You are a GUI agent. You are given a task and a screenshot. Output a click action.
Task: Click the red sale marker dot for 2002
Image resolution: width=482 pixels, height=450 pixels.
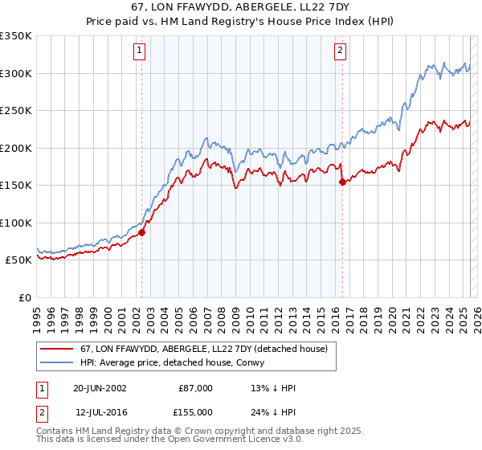141,232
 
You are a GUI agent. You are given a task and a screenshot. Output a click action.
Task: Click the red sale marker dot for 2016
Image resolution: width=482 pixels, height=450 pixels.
342,182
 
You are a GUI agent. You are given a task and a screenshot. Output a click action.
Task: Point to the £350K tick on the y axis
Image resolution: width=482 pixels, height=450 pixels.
16,36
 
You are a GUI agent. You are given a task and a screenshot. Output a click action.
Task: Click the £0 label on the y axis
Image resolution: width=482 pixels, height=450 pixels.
24,297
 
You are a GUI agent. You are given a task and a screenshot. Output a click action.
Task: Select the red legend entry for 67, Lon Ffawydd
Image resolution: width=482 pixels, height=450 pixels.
203,349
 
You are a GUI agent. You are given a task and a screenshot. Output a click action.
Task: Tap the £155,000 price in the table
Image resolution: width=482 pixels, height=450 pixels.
196,411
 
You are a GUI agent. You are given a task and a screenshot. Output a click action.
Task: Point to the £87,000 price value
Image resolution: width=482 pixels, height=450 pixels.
196,388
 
